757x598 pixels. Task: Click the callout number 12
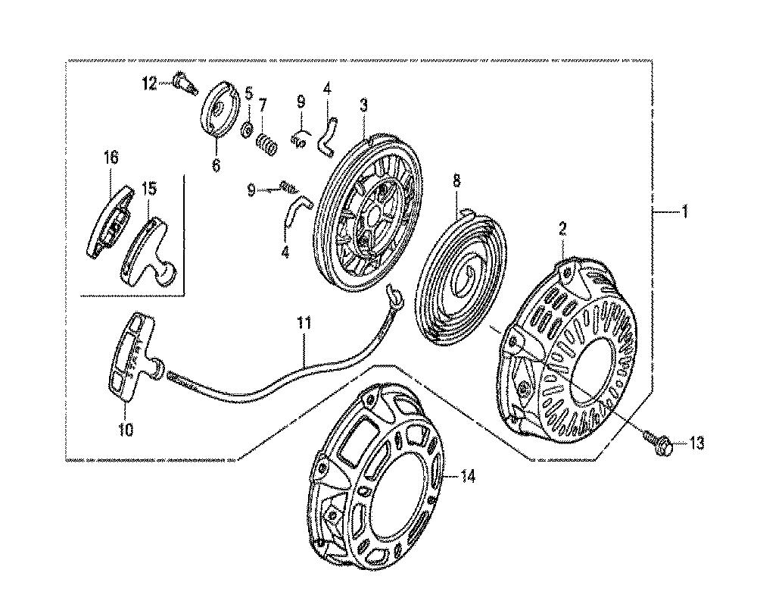(x=149, y=84)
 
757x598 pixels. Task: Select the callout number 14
(x=467, y=477)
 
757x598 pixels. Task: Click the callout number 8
(x=456, y=181)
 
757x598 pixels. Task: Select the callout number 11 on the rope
(x=304, y=324)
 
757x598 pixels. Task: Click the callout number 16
(x=111, y=157)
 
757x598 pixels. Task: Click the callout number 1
(x=684, y=211)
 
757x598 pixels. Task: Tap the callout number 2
(x=563, y=229)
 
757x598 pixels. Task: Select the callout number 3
(x=363, y=105)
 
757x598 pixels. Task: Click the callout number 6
(x=216, y=164)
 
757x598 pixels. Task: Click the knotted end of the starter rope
(x=394, y=296)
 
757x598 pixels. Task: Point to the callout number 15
(x=148, y=189)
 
